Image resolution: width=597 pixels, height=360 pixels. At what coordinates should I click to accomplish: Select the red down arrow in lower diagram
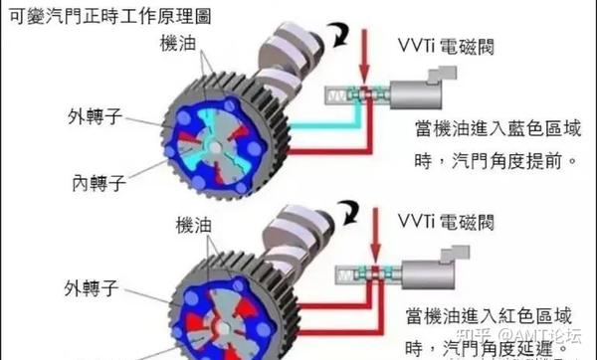pyautogui.click(x=365, y=240)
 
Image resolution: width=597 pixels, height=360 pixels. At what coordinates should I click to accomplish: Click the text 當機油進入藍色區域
pyautogui.click(x=498, y=129)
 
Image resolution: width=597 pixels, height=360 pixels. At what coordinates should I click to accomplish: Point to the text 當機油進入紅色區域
pyautogui.click(x=495, y=315)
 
